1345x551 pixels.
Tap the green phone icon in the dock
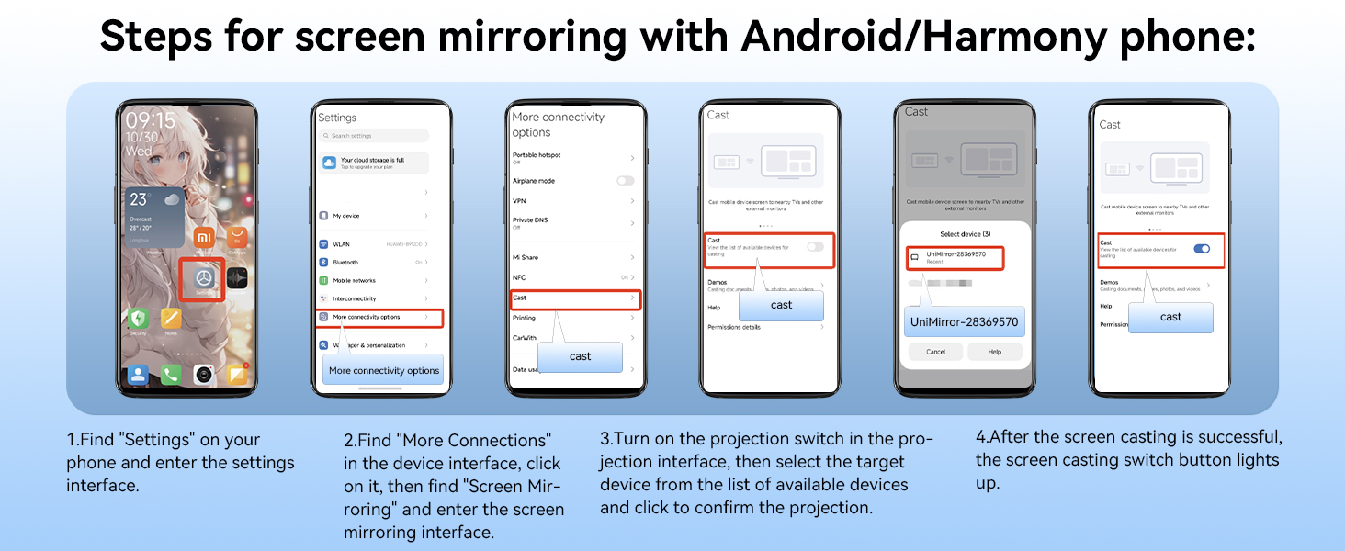171,374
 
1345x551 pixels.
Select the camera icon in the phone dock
204,374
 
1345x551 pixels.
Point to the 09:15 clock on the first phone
151,120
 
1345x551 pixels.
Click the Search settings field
375,136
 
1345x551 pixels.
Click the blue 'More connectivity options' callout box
384,370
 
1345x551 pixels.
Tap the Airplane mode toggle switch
625,181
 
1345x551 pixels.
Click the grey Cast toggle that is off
815,246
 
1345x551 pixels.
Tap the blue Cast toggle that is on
1201,248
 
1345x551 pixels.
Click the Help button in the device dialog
994,352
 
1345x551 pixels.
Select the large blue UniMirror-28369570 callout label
964,322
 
